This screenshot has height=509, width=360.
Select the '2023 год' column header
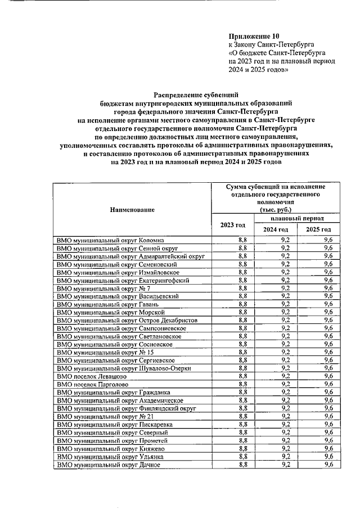pos(232,225)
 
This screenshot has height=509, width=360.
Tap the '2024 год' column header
pos(275,229)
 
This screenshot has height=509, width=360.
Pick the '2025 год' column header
pos(318,229)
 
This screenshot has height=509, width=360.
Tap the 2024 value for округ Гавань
pos(285,304)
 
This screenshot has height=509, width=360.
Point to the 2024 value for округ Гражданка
pos(285,392)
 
